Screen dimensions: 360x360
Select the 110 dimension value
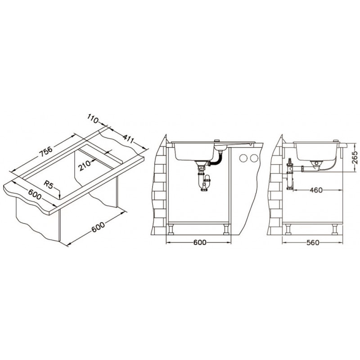pos(93,119)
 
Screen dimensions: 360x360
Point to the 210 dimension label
pos(85,166)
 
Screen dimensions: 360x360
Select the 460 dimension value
pos(316,190)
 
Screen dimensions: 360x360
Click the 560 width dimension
pos(313,243)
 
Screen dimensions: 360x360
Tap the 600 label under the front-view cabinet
pos(200,243)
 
